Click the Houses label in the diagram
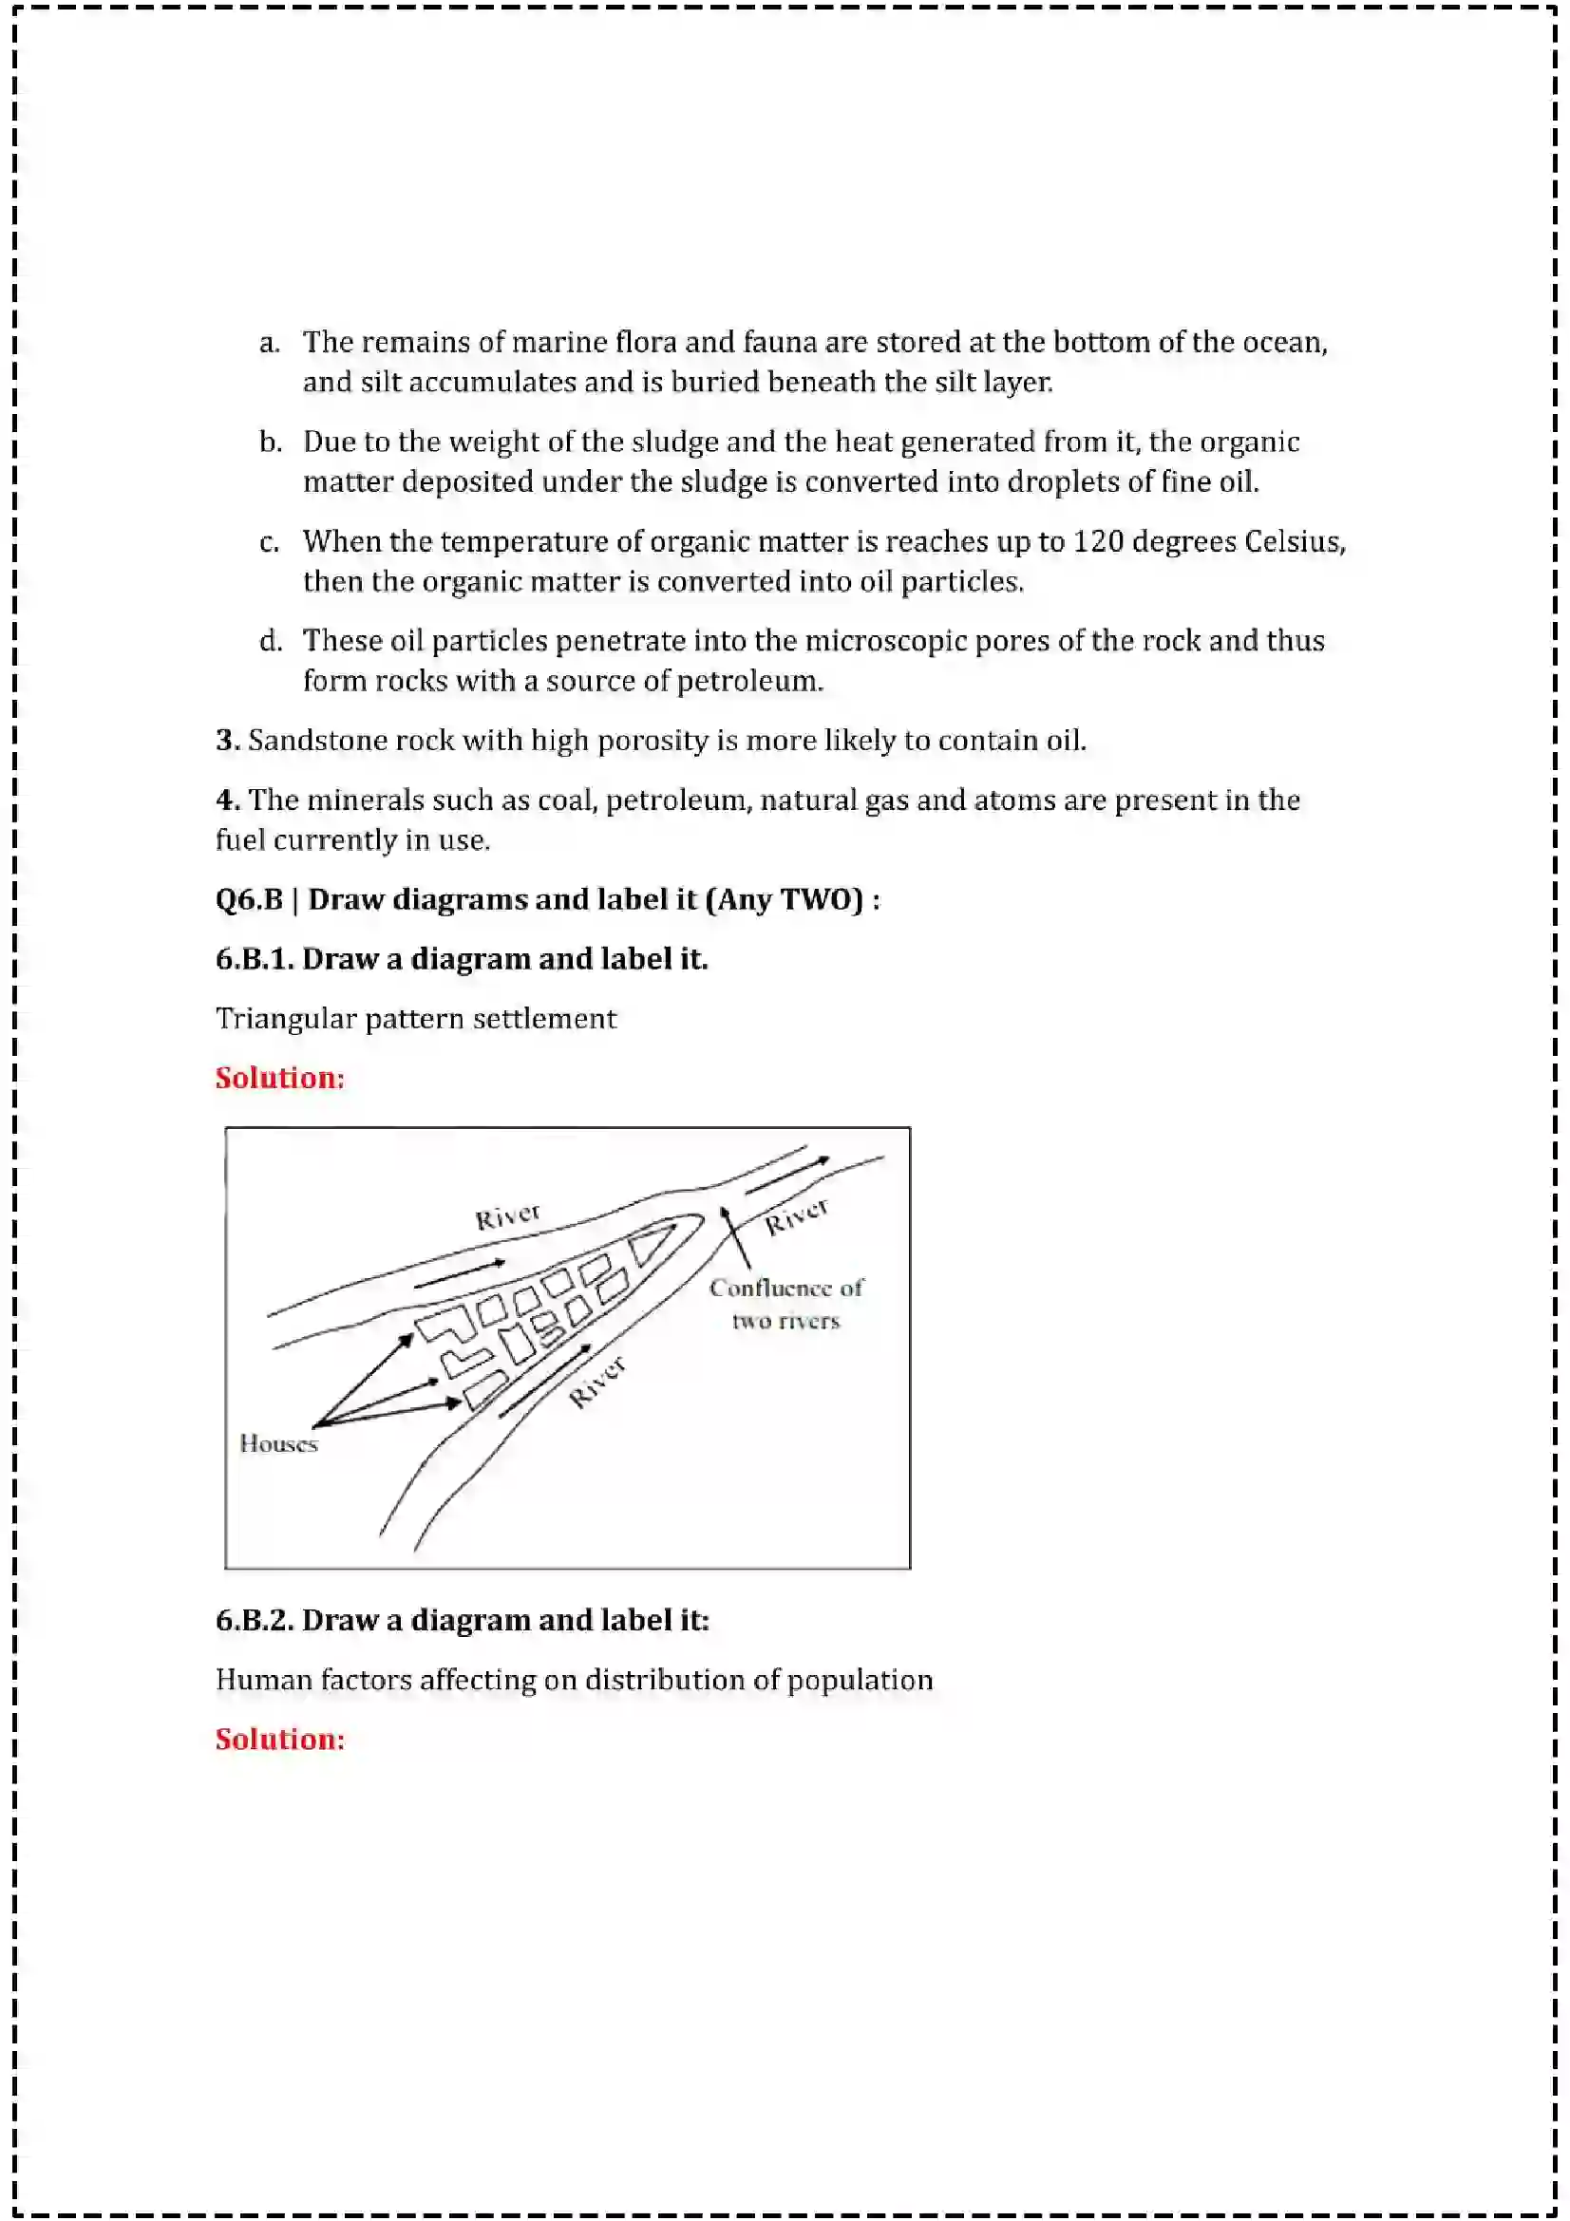278,1443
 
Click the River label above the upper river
507,1216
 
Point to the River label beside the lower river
596,1382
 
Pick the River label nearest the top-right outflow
796,1216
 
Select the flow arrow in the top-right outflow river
786,1174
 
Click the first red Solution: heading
279,1078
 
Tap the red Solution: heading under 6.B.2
279,1739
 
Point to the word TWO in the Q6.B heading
822,899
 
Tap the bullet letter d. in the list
270,640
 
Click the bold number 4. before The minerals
227,800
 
